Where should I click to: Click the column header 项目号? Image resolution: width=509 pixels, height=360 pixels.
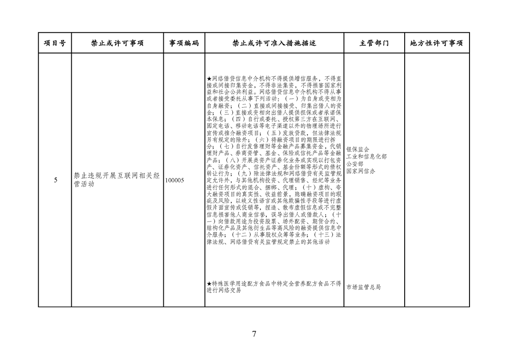point(55,43)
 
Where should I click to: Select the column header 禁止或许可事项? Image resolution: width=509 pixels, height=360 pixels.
point(117,43)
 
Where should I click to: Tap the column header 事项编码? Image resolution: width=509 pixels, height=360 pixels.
point(184,43)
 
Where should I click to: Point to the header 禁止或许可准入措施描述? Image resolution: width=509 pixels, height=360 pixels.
point(274,43)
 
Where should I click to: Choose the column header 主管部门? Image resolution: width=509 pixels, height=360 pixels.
point(374,43)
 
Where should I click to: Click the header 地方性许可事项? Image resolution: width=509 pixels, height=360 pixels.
point(436,43)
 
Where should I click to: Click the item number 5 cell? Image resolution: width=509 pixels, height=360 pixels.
point(55,180)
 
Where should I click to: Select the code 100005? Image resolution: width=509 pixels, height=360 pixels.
point(174,180)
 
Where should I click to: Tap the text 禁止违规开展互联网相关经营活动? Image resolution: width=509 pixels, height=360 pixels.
point(117,180)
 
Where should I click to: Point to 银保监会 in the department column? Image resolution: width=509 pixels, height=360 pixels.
point(358,149)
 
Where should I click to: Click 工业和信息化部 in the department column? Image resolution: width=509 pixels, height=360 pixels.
point(367,157)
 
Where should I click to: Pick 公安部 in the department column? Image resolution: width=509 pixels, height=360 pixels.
point(355,164)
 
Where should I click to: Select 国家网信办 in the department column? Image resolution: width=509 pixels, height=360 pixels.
point(361,171)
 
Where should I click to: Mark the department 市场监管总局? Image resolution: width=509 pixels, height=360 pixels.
point(363,287)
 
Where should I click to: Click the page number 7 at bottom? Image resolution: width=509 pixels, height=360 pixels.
point(254,334)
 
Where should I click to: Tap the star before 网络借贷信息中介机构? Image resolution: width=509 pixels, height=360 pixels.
point(209,79)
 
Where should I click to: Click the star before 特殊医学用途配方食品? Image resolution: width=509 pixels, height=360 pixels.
point(209,284)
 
